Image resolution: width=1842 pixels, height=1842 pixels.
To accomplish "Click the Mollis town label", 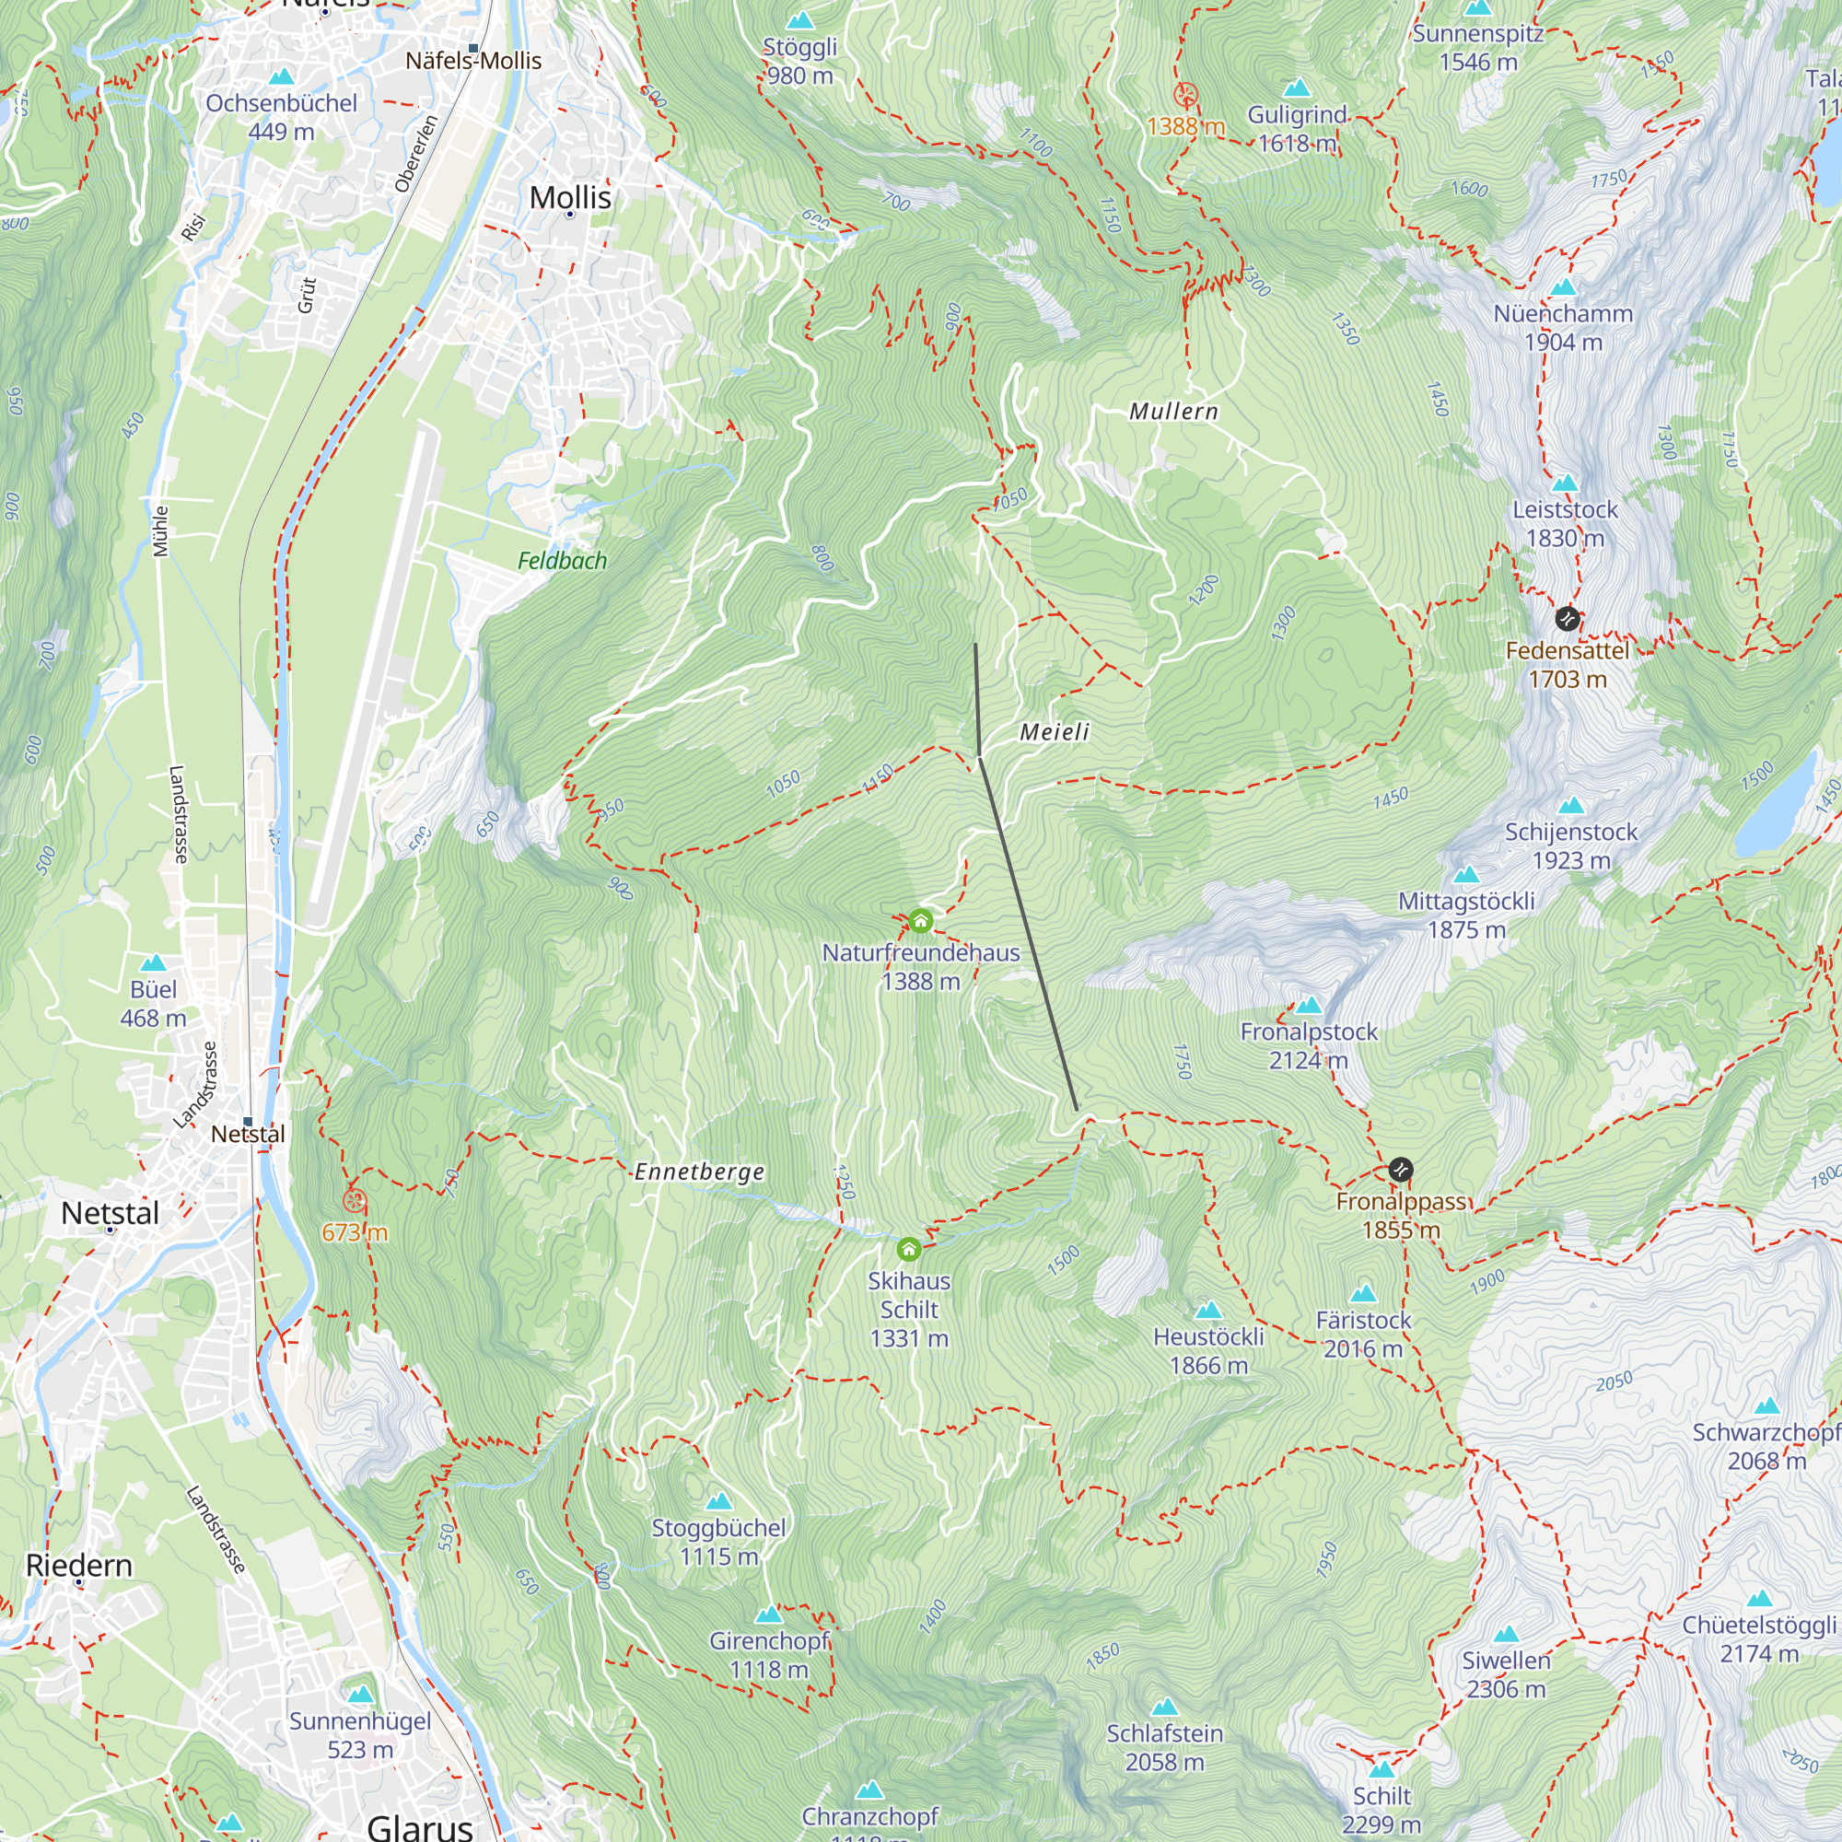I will tap(570, 197).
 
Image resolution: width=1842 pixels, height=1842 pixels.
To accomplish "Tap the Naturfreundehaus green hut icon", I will tap(920, 921).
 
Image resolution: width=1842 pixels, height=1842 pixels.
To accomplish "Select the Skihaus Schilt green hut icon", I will tap(909, 1249).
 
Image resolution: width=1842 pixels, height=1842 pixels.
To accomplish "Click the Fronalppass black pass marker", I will tap(1401, 1170).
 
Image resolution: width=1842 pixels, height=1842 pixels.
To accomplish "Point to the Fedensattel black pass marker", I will tap(1568, 620).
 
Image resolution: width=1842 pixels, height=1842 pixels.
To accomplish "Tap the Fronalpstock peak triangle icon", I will tap(1309, 1006).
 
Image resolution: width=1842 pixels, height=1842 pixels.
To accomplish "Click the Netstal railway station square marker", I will tap(248, 1121).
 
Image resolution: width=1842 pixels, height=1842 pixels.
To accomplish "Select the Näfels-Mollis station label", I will tap(472, 61).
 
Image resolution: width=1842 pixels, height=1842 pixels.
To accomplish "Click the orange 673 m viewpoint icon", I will tap(355, 1200).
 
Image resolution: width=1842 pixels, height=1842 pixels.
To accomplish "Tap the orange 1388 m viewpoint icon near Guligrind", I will tap(1185, 94).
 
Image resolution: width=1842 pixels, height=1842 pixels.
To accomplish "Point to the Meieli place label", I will tap(1054, 732).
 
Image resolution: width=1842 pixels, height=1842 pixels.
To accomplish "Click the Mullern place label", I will tap(1172, 412).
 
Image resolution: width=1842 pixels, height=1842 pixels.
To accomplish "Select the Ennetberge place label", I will tap(699, 1172).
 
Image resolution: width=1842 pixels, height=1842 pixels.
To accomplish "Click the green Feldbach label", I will tap(562, 561).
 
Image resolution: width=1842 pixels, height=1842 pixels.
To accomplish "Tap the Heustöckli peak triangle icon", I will tap(1208, 1310).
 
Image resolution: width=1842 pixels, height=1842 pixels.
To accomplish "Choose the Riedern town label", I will tap(79, 1566).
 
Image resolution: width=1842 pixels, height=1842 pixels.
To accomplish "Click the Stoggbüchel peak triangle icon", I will tap(719, 1501).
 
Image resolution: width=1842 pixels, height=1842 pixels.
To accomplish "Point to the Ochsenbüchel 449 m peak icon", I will tap(281, 76).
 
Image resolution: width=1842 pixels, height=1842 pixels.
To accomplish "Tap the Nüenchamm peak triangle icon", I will tap(1563, 288).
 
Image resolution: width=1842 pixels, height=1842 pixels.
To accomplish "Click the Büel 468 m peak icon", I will tap(154, 963).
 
